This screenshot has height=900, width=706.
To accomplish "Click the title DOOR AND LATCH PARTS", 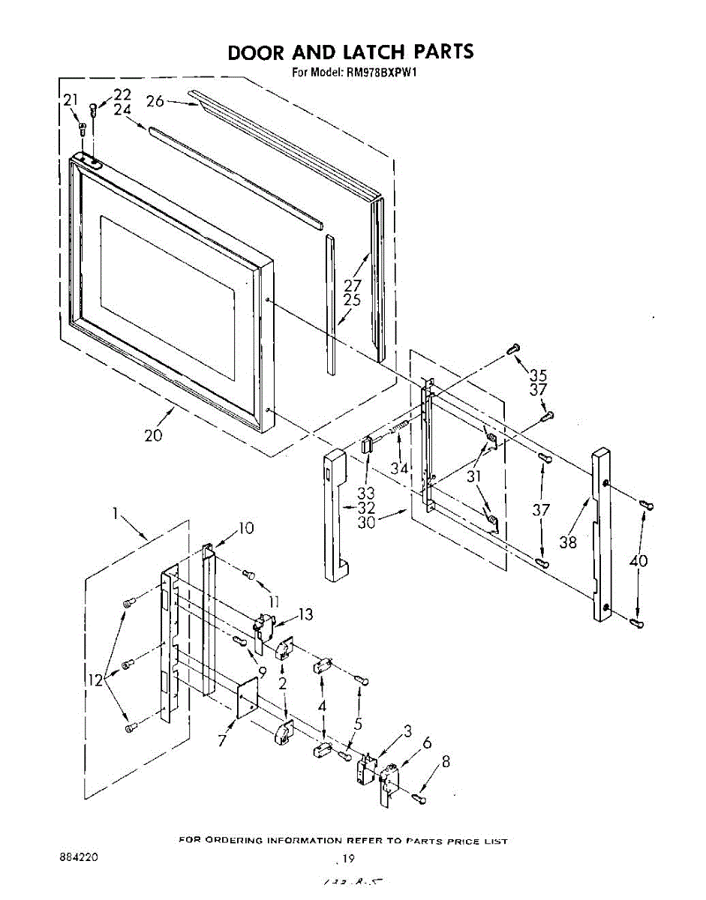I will (x=350, y=52).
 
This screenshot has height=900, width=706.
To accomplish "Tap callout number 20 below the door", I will (x=154, y=435).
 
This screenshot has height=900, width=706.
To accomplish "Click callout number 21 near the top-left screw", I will (x=70, y=100).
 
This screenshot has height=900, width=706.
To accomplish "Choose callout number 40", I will (x=639, y=560).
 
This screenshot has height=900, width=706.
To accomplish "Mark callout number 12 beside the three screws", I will (x=95, y=680).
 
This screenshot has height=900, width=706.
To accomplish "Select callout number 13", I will (x=305, y=615).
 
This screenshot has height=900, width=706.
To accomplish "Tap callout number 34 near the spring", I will (x=398, y=469).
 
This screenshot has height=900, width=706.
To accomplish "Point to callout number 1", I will (x=116, y=514).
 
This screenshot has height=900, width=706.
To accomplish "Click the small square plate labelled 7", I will (x=246, y=698).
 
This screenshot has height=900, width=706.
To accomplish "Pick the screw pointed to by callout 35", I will (x=514, y=347).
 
